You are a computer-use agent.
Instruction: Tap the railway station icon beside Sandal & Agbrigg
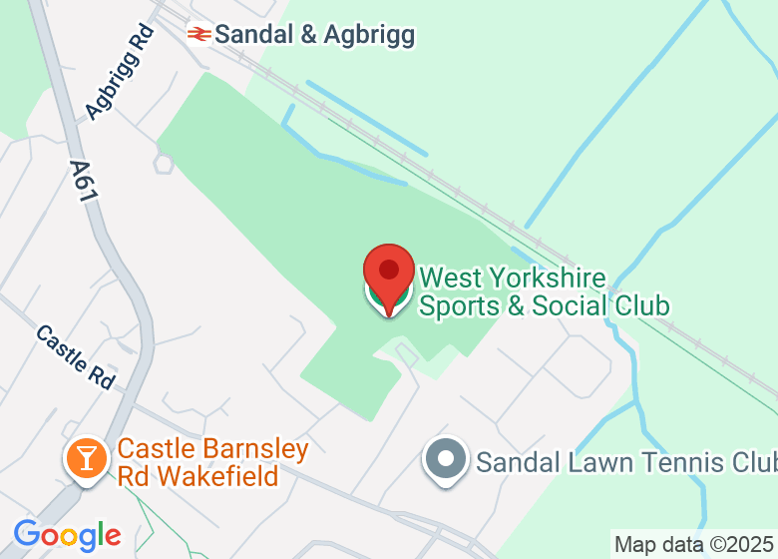(x=199, y=35)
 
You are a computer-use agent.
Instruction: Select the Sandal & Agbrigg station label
(x=314, y=35)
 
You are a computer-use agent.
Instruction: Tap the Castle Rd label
(x=76, y=356)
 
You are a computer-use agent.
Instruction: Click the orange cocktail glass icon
(x=87, y=458)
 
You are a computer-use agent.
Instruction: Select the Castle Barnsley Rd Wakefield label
(x=212, y=463)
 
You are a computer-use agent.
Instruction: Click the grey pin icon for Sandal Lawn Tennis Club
(x=445, y=460)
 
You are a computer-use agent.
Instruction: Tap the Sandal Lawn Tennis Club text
(x=625, y=462)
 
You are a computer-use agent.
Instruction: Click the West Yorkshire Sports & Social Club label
(x=544, y=290)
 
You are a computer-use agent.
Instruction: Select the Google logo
(x=67, y=535)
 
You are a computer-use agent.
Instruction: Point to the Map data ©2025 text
(x=694, y=545)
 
